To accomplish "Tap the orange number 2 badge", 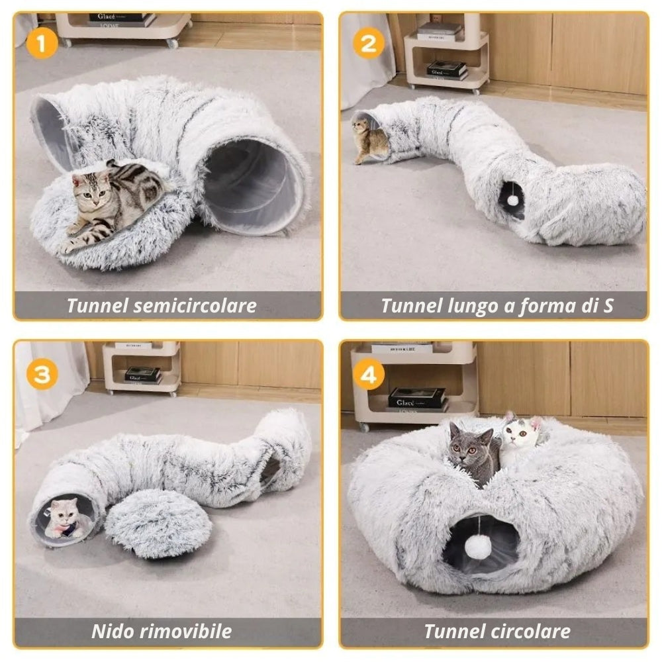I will (369, 44).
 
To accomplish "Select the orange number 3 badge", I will (42, 374).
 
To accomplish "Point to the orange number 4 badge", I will (369, 375).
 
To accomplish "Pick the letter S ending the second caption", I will (608, 306).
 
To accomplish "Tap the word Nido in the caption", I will (112, 631).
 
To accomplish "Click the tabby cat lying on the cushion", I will (109, 199).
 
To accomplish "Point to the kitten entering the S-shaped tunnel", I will (369, 140).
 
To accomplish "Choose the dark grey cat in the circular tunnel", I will (474, 453).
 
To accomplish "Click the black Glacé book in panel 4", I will (416, 398).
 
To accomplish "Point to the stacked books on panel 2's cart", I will (446, 70).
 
